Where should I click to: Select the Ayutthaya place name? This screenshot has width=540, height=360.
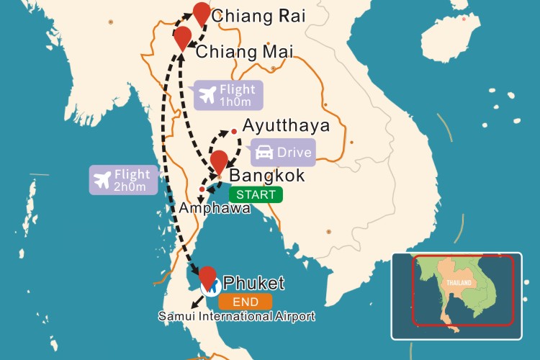tap(287, 126)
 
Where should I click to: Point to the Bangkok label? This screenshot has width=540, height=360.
tap(266, 176)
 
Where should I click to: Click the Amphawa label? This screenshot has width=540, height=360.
tap(215, 208)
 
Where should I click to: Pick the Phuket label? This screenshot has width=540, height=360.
tap(254, 283)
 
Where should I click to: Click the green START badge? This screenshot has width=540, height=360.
tap(256, 194)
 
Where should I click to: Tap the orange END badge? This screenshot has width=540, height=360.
tap(246, 302)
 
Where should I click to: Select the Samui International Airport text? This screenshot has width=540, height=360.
tap(237, 316)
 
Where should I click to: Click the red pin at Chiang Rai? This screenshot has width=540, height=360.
tap(202, 13)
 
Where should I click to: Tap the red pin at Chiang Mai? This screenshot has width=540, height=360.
tap(184, 36)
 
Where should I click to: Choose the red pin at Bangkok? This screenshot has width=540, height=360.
tap(218, 161)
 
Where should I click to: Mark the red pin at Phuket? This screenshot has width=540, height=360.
tap(207, 276)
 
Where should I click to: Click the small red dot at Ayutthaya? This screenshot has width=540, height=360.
tap(233, 131)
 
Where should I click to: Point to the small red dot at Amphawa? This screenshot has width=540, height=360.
tap(202, 189)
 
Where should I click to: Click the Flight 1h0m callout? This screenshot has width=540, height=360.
tap(227, 95)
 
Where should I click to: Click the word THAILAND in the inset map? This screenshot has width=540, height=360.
tap(458, 283)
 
